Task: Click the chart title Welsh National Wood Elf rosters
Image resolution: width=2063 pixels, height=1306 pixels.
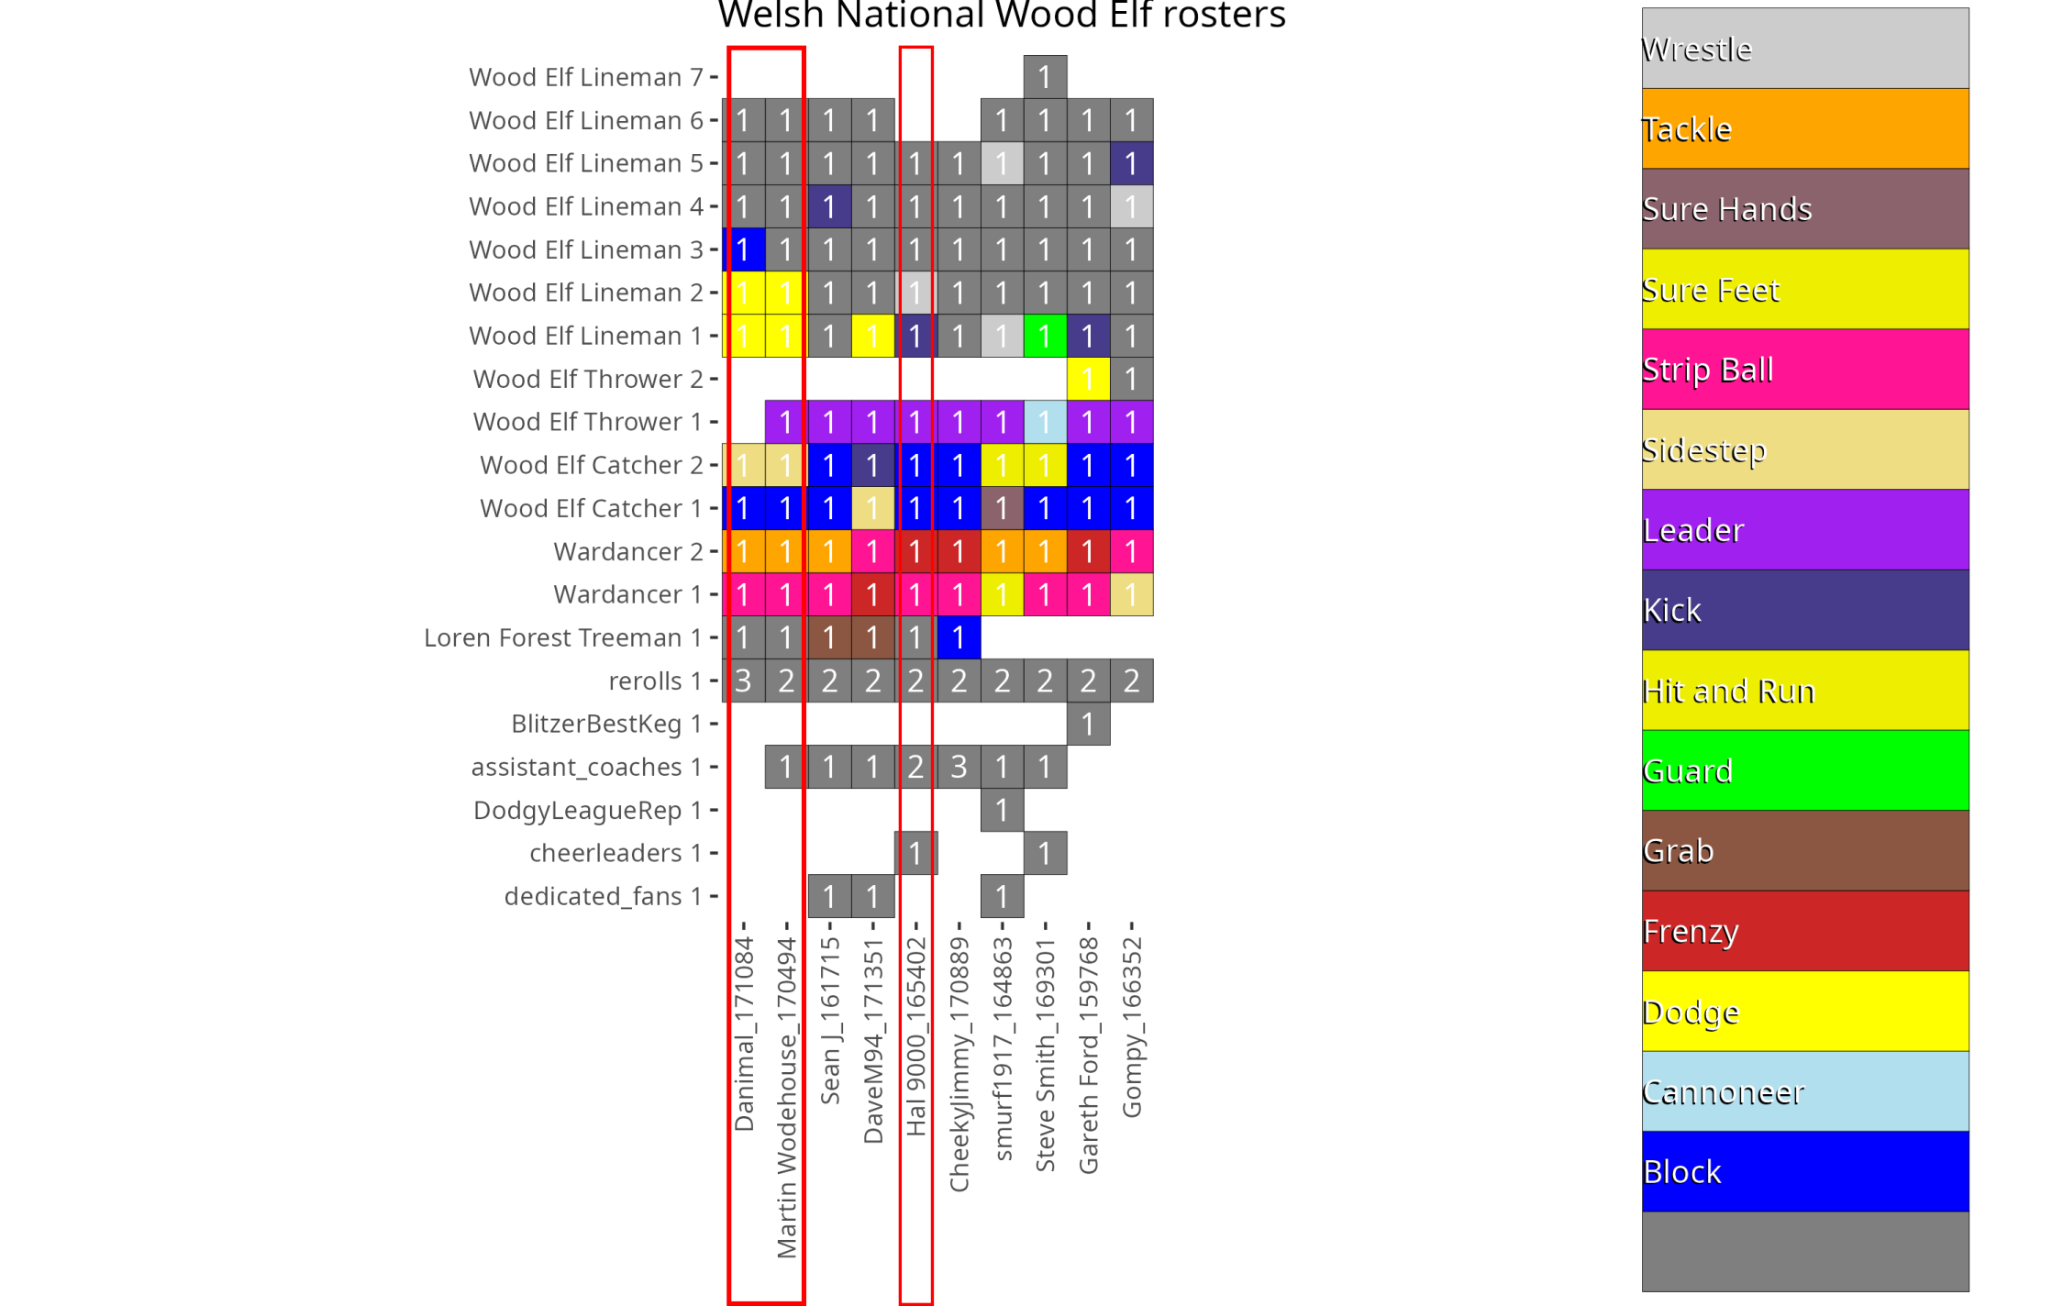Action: click(1001, 15)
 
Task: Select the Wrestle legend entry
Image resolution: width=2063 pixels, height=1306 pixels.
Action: click(1804, 49)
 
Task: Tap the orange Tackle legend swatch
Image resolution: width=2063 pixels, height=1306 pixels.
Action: click(1804, 128)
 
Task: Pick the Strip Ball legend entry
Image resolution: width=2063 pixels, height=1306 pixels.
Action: click(1804, 370)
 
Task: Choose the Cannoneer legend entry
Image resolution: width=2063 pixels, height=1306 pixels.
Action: click(1804, 1091)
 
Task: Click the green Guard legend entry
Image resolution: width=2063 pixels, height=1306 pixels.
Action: click(1804, 770)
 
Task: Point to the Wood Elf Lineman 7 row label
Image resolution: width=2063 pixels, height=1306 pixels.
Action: click(585, 77)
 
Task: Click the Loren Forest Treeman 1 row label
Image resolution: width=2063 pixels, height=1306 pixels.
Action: click(562, 637)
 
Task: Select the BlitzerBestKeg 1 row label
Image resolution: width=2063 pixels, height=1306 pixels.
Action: click(605, 724)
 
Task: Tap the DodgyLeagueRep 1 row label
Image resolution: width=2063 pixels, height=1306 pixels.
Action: click(587, 810)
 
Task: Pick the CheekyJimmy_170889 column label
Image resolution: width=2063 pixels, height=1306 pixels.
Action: click(959, 1064)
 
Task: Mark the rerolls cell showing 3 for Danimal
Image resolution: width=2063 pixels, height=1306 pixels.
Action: click(743, 681)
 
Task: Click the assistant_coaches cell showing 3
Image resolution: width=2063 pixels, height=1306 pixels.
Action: click(959, 767)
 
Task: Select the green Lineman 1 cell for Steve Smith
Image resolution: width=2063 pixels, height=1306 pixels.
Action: click(1045, 336)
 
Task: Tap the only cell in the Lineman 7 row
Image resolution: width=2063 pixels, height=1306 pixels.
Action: click(1045, 77)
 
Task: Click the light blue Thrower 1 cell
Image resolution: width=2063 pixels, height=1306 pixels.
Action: click(1045, 422)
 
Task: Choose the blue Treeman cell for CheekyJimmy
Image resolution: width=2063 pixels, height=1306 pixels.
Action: click(959, 637)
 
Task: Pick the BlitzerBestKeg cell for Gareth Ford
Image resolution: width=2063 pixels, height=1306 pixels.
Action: click(1088, 724)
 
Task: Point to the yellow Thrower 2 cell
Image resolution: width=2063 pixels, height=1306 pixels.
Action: click(1088, 379)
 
